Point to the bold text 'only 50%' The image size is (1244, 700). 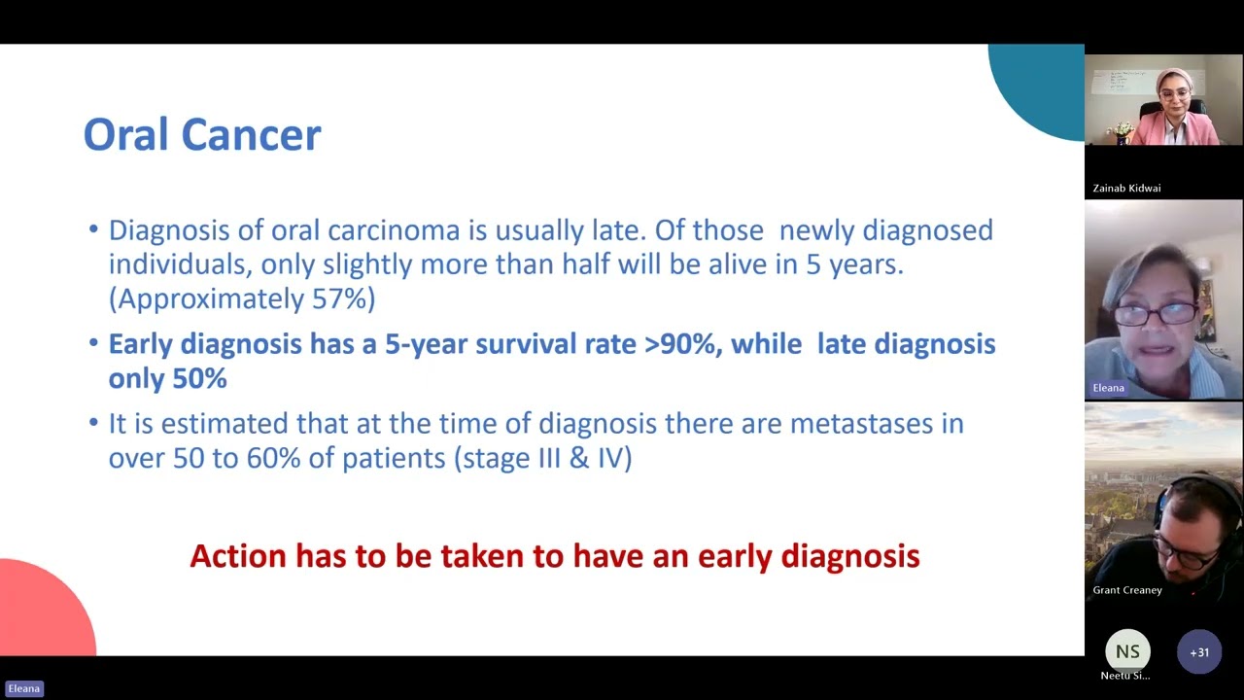pos(167,378)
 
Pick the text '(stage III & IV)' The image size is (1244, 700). pos(543,458)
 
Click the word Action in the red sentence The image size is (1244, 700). pos(238,556)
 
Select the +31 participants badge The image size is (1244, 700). pos(1199,652)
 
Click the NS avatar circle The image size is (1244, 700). pos(1127,651)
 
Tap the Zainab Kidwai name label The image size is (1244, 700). pos(1126,188)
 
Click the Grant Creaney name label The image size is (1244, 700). pos(1127,590)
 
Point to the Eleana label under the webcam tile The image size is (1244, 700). pos(1108,388)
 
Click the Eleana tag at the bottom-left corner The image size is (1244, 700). pos(24,688)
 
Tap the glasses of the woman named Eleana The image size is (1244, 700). pos(1157,314)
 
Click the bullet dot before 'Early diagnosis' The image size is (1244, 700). pos(94,343)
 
